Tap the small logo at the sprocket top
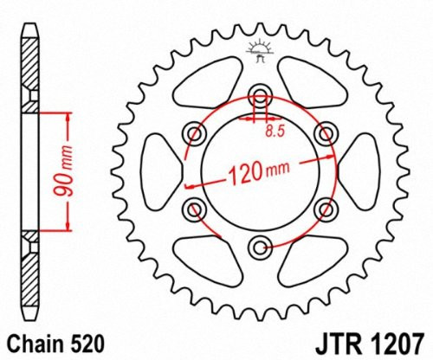pyautogui.click(x=258, y=51)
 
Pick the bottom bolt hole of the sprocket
pyautogui.click(x=259, y=248)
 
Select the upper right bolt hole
pyautogui.click(x=326, y=132)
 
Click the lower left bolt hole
pyautogui.click(x=192, y=209)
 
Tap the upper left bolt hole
pyautogui.click(x=192, y=132)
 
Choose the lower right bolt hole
pyautogui.click(x=326, y=209)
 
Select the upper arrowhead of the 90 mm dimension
pyautogui.click(x=66, y=117)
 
